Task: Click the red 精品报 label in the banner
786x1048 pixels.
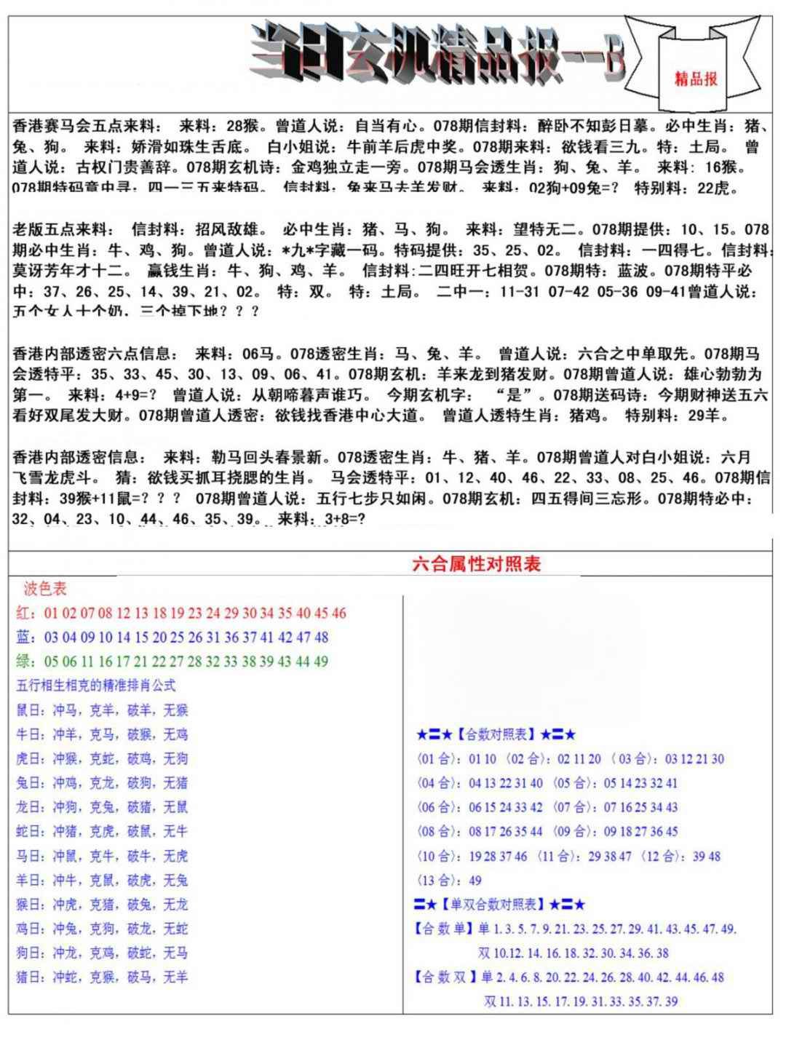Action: (x=695, y=79)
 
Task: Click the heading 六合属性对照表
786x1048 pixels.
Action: (x=477, y=564)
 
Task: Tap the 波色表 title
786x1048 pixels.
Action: (x=45, y=588)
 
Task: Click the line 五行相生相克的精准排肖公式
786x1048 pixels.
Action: (x=95, y=686)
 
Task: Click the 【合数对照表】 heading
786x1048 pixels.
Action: (x=496, y=734)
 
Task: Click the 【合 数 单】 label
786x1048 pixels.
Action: (x=443, y=929)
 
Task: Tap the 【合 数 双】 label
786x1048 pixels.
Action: (x=443, y=977)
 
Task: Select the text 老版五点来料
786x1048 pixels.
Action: (x=63, y=230)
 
